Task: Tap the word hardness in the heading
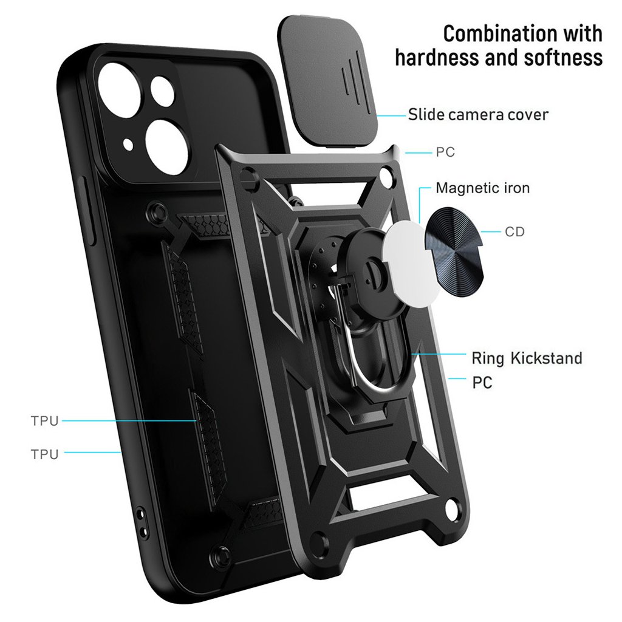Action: [439, 58]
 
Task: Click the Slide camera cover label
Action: [478, 114]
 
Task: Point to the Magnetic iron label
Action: [482, 188]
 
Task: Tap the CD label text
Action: [514, 232]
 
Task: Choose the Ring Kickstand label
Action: [527, 358]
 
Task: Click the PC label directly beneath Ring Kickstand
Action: [482, 383]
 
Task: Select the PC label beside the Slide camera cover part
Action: [445, 152]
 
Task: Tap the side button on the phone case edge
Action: [89, 213]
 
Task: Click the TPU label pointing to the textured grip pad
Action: [45, 420]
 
